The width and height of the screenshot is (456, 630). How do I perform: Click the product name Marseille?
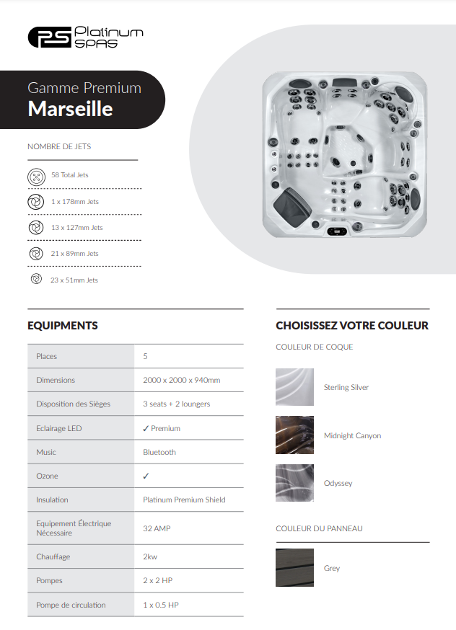[x=70, y=109]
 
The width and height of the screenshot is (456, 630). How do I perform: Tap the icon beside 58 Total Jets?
[x=36, y=175]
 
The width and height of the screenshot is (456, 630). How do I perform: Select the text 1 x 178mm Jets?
[x=74, y=202]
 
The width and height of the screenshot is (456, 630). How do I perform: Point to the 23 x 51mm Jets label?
[x=74, y=280]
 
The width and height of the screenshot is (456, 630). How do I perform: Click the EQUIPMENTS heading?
[x=63, y=326]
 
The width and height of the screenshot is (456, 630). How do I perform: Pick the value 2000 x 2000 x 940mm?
[x=181, y=380]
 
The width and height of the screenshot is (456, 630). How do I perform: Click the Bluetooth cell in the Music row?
[x=159, y=452]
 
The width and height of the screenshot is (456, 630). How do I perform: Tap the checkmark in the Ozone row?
[x=146, y=476]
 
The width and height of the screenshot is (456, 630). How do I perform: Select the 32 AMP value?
[x=157, y=528]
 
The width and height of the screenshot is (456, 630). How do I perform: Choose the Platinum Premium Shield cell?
[x=184, y=500]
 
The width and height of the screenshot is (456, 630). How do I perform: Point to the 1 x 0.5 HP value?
[x=160, y=605]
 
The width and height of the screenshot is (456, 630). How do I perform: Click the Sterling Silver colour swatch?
[x=294, y=387]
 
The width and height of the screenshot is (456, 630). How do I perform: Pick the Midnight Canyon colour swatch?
[x=294, y=435]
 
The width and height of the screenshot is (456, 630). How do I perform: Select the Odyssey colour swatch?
[x=294, y=483]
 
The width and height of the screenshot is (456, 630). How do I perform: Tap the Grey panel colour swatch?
[x=294, y=568]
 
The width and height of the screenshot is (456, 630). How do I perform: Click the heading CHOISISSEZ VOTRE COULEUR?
[x=352, y=326]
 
